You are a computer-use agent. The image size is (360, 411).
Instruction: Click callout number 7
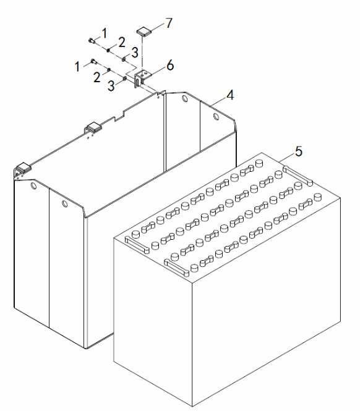[x=169, y=23]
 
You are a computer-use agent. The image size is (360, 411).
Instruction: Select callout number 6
[x=170, y=65]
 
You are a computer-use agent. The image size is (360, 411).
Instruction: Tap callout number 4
[x=230, y=95]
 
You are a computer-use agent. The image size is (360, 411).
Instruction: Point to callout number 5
[x=299, y=151]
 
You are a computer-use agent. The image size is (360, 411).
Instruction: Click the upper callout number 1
[x=105, y=33]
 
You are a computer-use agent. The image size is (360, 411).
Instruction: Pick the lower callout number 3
[x=111, y=86]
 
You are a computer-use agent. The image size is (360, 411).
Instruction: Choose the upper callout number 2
[x=121, y=42]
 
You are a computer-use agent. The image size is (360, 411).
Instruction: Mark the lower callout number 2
[x=97, y=77]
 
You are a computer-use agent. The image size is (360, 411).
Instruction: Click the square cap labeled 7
[x=144, y=31]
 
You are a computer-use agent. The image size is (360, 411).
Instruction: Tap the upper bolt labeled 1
[x=92, y=40]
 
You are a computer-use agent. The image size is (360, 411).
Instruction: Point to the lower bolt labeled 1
[x=94, y=61]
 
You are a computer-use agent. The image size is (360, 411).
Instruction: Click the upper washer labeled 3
[x=123, y=59]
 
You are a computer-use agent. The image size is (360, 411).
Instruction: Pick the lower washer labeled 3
[x=125, y=78]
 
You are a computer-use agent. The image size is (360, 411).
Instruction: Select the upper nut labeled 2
[x=108, y=49]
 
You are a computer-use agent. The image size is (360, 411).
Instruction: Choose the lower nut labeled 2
[x=108, y=70]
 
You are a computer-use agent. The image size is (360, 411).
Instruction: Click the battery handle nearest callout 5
[x=298, y=176]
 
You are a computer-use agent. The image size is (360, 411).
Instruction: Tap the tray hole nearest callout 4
[x=216, y=116]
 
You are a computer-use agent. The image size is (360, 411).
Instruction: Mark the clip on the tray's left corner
[x=22, y=168]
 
